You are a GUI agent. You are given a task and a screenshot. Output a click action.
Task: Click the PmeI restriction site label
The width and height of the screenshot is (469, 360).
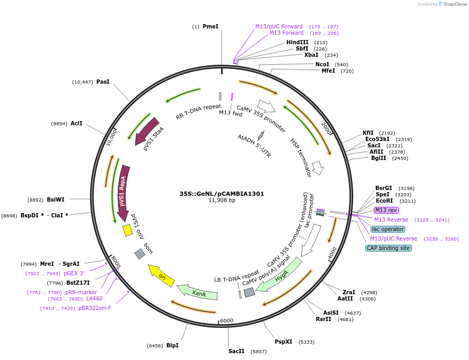coord(210,26)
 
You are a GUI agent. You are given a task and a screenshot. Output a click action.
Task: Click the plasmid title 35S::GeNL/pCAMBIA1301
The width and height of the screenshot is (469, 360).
coord(222,194)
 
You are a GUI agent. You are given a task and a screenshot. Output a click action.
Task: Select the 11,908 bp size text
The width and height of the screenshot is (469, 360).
coord(222,201)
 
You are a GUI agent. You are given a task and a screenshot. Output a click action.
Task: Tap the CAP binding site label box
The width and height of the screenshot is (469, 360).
coord(388,248)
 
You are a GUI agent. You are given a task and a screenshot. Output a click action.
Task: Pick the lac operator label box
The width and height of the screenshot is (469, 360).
coord(388,229)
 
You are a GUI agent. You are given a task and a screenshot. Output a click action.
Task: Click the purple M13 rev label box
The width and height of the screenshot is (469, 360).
coord(386,210)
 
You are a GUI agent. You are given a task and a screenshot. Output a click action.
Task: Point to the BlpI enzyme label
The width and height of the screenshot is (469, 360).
coord(172,345)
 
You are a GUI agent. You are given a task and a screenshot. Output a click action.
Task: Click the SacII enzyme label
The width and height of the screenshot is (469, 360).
coord(236,351)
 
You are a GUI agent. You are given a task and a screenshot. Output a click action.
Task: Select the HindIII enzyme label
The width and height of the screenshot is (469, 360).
coord(297,42)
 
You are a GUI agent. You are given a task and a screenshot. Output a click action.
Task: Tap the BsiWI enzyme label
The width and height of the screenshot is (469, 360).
coord(55,199)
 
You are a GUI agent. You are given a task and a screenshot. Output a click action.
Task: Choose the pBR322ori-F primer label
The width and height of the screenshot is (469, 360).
coord(95,308)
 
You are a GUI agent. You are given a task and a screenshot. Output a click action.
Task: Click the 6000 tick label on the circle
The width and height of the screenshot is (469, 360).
coord(227,321)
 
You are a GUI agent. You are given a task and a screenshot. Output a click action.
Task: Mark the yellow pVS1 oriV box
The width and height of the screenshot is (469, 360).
coord(127,231)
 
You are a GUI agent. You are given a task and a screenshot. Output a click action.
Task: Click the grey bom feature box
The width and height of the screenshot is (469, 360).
coord(139,254)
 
